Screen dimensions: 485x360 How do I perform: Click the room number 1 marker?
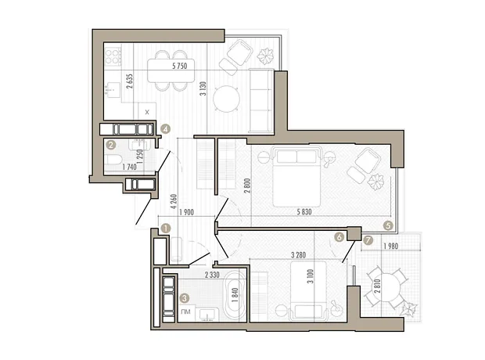pyautogui.click(x=166, y=229)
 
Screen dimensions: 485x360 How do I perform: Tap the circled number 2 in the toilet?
pyautogui.click(x=111, y=145)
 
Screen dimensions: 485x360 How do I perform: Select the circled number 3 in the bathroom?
pyautogui.click(x=185, y=298)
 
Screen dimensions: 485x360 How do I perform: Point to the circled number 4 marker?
pyautogui.click(x=166, y=129)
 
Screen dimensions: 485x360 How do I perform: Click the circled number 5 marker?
pyautogui.click(x=388, y=225)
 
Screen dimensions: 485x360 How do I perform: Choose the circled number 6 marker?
pyautogui.click(x=339, y=237)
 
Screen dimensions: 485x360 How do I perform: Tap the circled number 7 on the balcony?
pyautogui.click(x=368, y=240)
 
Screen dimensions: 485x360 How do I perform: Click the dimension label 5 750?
pyautogui.click(x=180, y=66)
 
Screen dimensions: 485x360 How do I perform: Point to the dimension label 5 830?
pyautogui.click(x=304, y=212)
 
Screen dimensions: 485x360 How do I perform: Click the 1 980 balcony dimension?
pyautogui.click(x=390, y=247)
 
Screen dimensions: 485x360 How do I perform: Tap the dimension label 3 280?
pyautogui.click(x=298, y=255)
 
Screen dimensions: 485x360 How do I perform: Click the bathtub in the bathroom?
pyautogui.click(x=235, y=295)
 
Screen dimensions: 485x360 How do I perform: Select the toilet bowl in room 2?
pyautogui.click(x=114, y=160)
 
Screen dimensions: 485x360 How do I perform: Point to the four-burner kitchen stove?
pyautogui.click(x=113, y=56)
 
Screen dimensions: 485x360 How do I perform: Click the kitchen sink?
pyautogui.click(x=113, y=90)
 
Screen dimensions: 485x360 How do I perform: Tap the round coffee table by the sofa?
pyautogui.click(x=227, y=99)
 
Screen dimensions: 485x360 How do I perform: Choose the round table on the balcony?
pyautogui.click(x=386, y=288)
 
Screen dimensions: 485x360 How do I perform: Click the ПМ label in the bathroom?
pyautogui.click(x=185, y=311)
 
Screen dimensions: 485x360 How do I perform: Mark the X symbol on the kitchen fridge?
pyautogui.click(x=147, y=112)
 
